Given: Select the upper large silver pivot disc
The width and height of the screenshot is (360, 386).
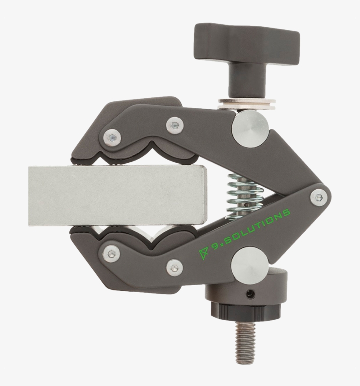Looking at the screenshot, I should tap(250, 129).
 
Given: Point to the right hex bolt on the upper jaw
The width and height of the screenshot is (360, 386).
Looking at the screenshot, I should tap(175, 125).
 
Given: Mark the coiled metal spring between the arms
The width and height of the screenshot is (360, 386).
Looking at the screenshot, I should tap(245, 195).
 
